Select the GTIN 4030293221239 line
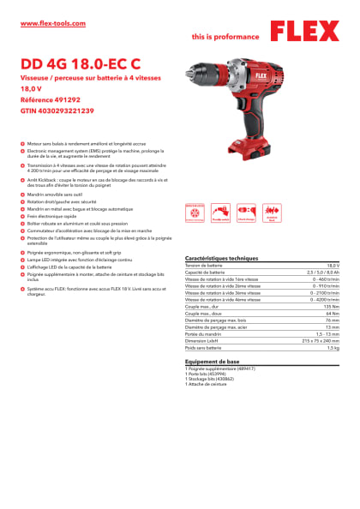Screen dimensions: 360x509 57,111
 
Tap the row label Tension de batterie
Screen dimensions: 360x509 203,266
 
